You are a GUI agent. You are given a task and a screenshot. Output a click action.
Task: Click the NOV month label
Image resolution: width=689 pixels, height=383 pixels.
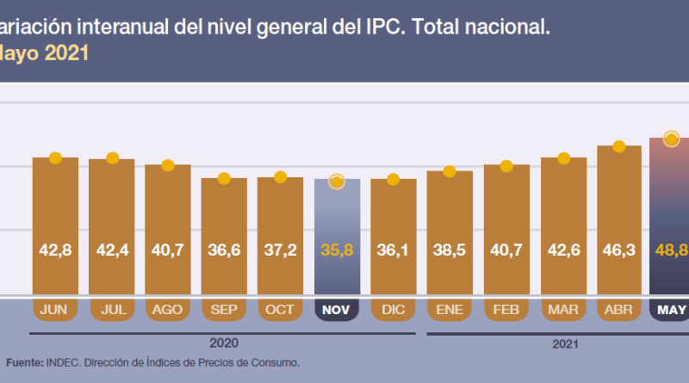pos(337,309)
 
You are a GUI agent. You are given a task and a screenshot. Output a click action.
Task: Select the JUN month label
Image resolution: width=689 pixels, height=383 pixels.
pos(55,309)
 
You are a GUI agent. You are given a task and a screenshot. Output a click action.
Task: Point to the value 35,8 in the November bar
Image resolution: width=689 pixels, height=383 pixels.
pos(337,250)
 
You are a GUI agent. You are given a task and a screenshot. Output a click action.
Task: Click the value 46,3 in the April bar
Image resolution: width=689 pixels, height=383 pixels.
pos(619,250)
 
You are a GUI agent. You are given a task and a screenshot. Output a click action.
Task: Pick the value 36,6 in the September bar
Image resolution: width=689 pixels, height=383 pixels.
pos(224,250)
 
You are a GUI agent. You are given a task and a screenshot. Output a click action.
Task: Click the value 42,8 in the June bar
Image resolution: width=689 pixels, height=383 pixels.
pos(55,250)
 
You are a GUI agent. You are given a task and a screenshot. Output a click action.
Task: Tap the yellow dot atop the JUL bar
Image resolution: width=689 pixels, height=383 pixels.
pos(112,158)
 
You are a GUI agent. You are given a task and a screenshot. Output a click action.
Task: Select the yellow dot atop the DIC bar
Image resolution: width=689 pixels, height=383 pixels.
pos(393,179)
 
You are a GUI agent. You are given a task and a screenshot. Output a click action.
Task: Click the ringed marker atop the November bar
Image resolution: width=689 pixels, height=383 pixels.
pos(337,181)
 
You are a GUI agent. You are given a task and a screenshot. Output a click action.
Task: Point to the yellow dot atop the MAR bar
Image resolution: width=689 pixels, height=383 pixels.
pos(563,158)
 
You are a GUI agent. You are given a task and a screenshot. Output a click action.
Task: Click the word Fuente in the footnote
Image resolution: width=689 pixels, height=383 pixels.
pos(23,363)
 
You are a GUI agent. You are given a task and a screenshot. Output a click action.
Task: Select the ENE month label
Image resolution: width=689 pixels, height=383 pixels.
pos(450,309)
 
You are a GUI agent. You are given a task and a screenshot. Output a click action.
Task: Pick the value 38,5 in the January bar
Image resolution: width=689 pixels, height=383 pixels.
pos(450,250)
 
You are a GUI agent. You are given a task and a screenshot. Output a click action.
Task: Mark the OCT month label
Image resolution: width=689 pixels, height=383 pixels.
pos(281,309)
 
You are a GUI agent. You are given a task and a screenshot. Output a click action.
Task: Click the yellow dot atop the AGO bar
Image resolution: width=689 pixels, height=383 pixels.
pos(168,164)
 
